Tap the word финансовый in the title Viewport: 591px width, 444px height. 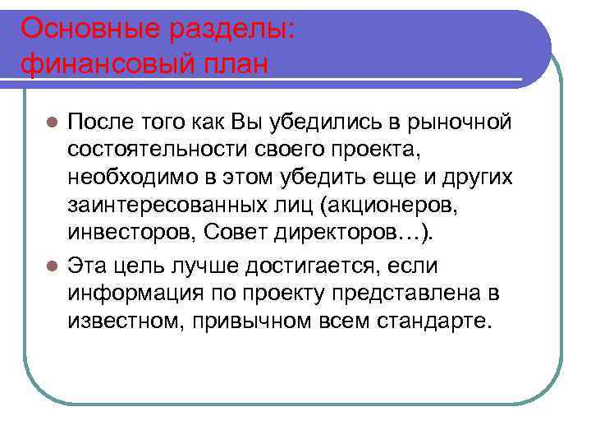(x=100, y=63)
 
